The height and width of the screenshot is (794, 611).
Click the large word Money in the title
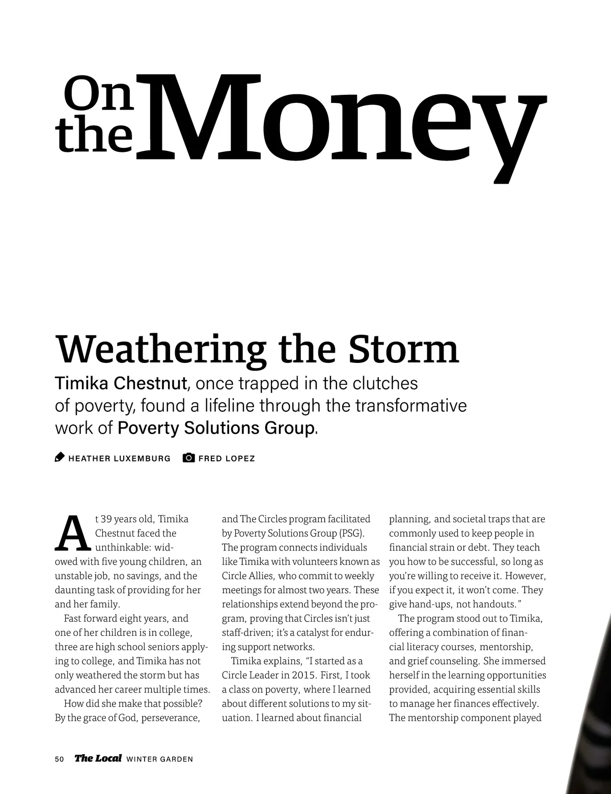(341, 120)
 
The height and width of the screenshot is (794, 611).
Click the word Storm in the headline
(403, 350)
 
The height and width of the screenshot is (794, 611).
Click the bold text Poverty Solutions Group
(215, 428)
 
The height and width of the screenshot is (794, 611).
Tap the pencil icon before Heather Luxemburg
(60, 458)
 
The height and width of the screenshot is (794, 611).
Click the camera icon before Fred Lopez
(188, 458)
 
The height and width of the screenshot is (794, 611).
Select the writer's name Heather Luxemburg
(119, 459)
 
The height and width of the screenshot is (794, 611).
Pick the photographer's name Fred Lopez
(227, 459)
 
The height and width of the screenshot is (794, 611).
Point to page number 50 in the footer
(60, 759)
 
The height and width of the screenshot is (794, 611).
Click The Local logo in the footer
(98, 758)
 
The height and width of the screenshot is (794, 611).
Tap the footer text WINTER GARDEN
(159, 759)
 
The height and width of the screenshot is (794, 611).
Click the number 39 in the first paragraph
(106, 519)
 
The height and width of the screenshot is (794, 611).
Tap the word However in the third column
(526, 576)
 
